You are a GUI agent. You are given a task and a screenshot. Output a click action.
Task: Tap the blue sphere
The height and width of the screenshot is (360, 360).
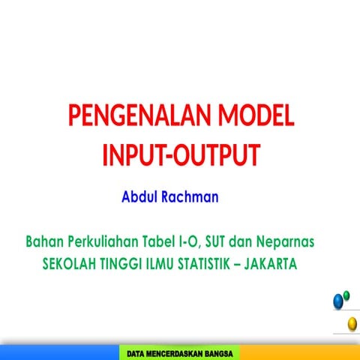(339, 301)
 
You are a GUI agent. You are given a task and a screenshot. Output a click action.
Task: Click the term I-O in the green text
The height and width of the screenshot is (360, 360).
(184, 243)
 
